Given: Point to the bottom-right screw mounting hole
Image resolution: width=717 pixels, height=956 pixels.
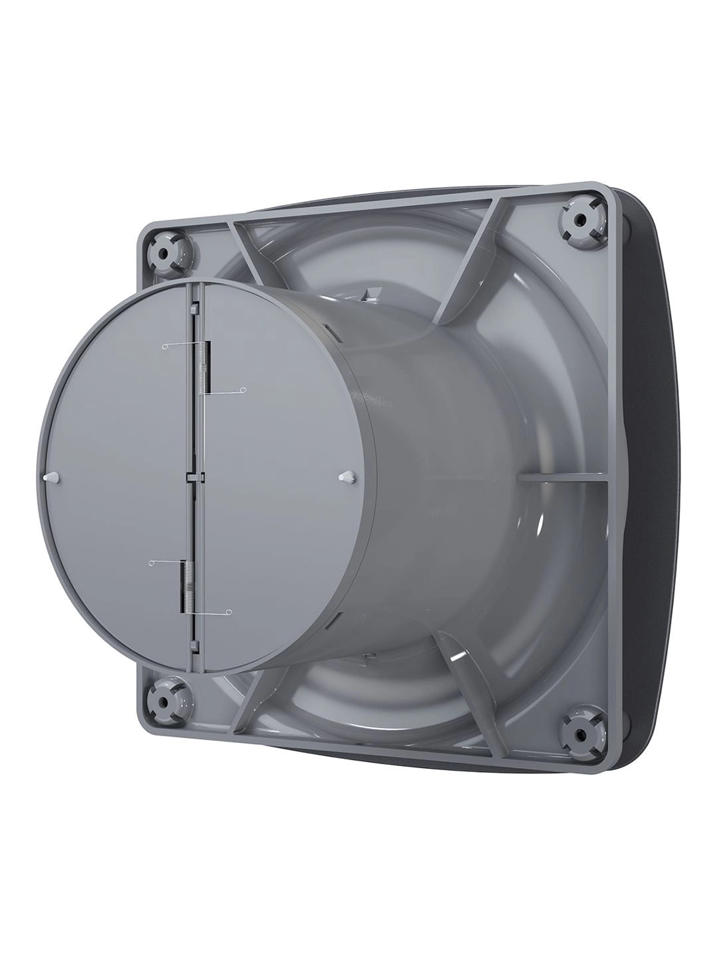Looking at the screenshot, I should (x=580, y=734).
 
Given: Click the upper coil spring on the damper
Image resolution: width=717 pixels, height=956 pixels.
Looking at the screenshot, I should (x=206, y=366).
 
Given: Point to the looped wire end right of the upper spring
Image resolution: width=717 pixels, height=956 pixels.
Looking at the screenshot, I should (x=243, y=390).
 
